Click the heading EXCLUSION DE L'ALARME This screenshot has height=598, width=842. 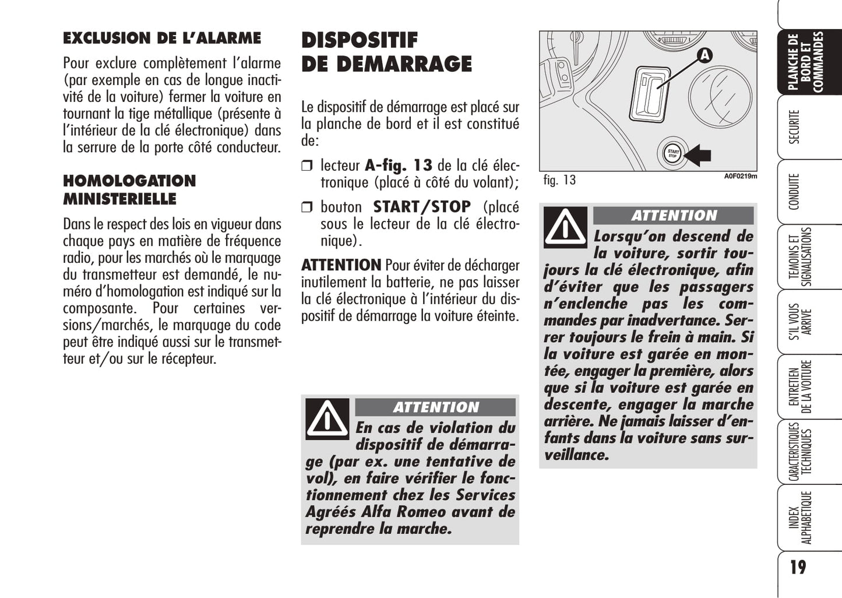[x=162, y=38]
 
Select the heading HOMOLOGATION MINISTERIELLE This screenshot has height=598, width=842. [x=129, y=189]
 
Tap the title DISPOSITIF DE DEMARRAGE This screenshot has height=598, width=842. [x=386, y=52]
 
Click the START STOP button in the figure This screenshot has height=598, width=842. [x=672, y=154]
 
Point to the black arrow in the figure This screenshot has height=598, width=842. [x=698, y=154]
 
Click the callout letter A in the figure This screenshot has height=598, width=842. [x=704, y=55]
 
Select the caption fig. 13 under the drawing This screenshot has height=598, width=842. [x=559, y=180]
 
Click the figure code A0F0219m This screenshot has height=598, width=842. [x=740, y=177]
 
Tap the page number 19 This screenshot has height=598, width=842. [x=798, y=567]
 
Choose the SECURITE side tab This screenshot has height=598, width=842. [x=794, y=126]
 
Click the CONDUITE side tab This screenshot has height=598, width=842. [x=794, y=191]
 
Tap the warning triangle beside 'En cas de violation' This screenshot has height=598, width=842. [x=327, y=418]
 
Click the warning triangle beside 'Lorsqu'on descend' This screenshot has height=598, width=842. [x=565, y=227]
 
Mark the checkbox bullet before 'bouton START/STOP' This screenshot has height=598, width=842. [x=307, y=207]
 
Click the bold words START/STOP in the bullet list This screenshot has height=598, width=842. [x=422, y=207]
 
